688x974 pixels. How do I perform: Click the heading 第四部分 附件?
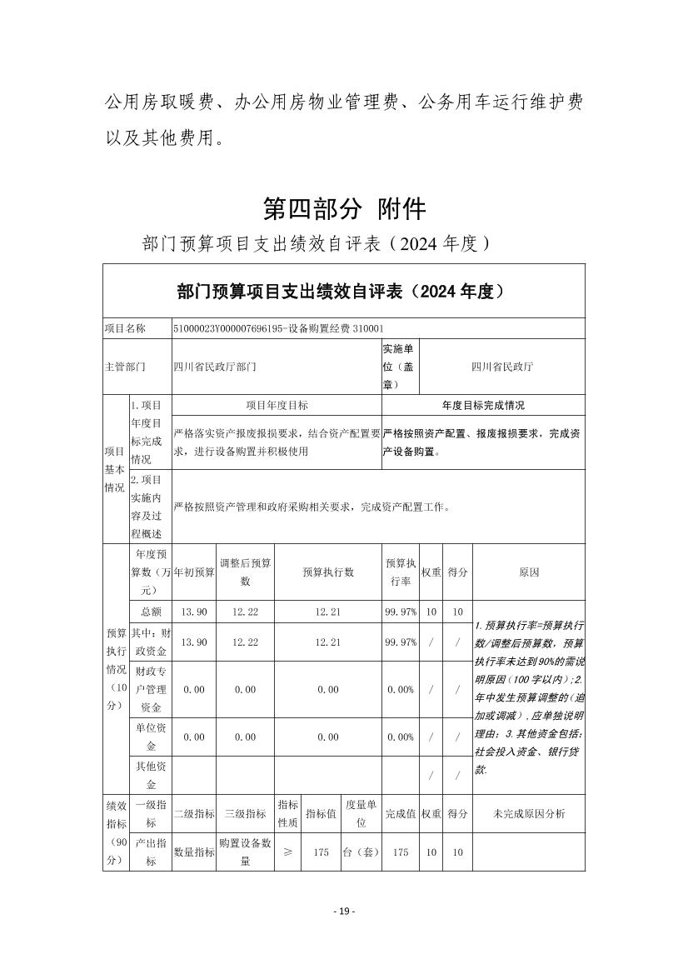[x=344, y=208]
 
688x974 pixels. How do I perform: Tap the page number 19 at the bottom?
[x=343, y=911]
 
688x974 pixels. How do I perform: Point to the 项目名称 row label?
[x=125, y=329]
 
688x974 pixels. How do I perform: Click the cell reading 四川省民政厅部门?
[x=215, y=366]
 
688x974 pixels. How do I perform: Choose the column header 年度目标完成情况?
[x=483, y=406]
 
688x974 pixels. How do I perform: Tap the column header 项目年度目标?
[x=277, y=406]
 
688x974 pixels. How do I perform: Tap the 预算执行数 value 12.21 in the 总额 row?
[x=328, y=612]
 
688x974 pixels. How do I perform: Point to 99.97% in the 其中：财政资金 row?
[x=400, y=642]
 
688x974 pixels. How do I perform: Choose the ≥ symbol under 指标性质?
[x=287, y=852]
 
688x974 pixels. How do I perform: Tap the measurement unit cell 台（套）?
[x=361, y=852]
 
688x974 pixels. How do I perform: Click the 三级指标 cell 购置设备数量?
[x=245, y=852]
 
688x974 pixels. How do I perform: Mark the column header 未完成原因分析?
[x=528, y=813]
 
